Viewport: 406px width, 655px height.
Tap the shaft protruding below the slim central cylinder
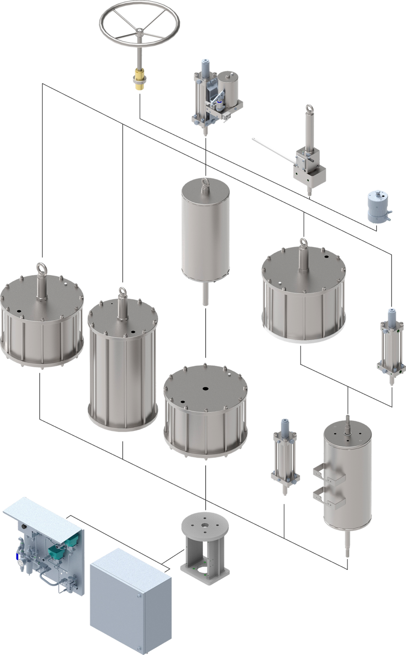pos(206,293)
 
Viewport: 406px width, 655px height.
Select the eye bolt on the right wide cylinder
pos(304,243)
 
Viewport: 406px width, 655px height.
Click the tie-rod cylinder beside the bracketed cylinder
pos(284,456)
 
